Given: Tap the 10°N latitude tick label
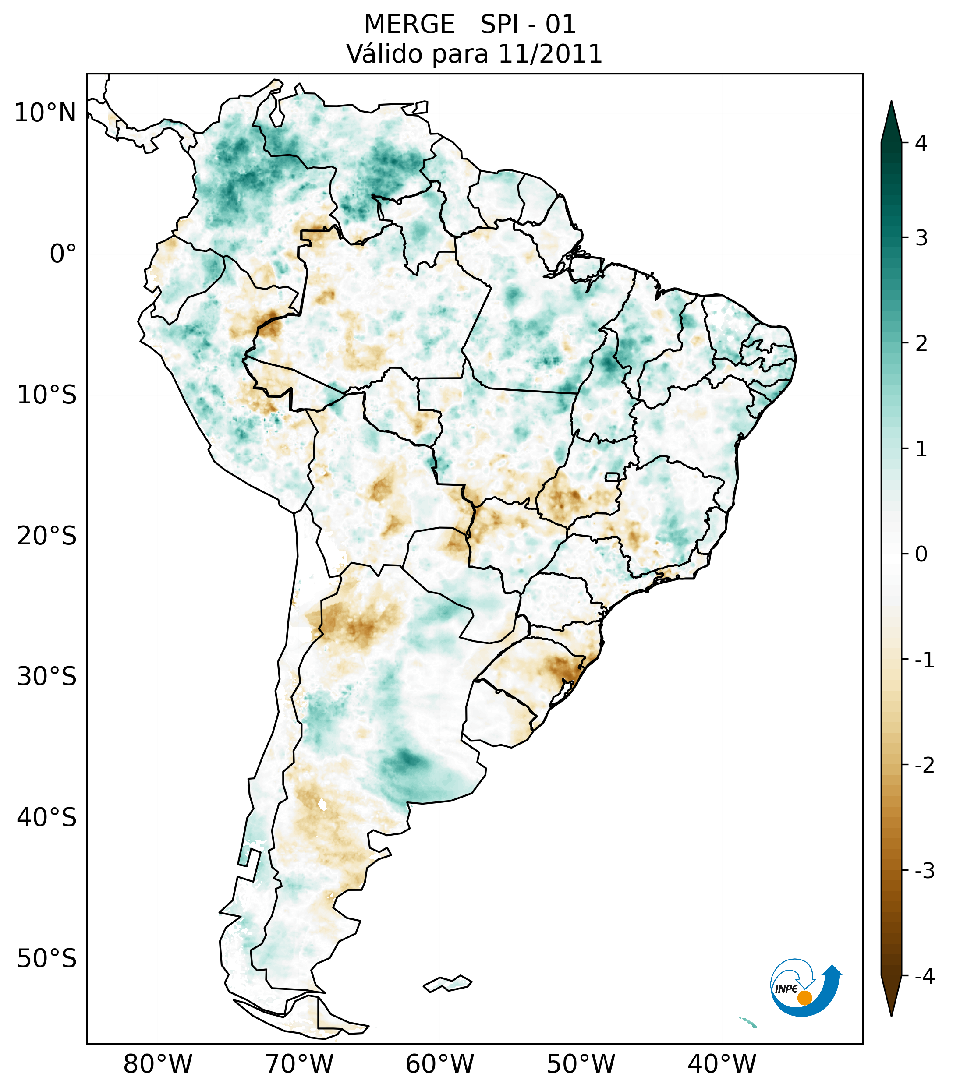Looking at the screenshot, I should [x=46, y=113].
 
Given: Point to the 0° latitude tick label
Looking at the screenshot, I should [x=63, y=254].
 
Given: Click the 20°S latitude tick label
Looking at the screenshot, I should [x=47, y=536].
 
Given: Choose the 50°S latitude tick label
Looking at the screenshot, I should [x=47, y=959].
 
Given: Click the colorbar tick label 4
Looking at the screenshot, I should [x=921, y=143].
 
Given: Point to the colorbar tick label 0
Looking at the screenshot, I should [x=921, y=554].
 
